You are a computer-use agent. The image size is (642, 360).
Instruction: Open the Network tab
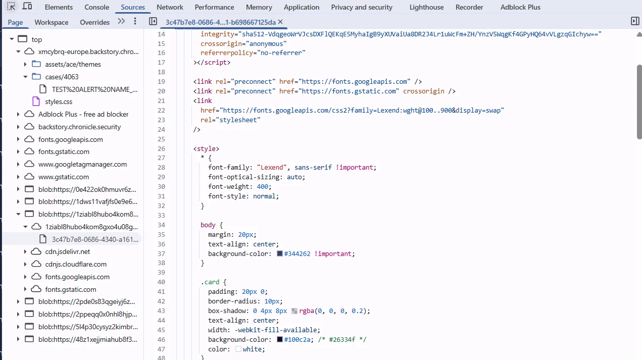[170, 7]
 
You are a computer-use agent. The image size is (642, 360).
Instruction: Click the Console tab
[96, 7]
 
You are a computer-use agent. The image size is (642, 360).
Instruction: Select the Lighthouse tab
[426, 7]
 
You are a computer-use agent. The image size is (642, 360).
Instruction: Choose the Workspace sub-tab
[52, 22]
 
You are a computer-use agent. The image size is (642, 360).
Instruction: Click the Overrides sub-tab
[94, 22]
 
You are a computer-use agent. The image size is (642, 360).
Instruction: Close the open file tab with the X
[280, 22]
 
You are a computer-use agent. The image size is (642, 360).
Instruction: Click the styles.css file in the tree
[59, 101]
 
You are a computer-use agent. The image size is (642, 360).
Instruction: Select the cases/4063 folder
[62, 77]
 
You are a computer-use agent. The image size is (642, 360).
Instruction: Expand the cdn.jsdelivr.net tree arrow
[25, 252]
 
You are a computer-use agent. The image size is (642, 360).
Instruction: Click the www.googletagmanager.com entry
[82, 165]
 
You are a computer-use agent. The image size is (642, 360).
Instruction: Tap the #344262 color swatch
[280, 254]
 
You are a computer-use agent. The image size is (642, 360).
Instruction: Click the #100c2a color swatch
[280, 340]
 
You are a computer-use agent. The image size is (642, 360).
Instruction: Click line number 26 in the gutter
[161, 148]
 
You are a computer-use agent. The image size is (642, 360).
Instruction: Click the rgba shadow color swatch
[294, 311]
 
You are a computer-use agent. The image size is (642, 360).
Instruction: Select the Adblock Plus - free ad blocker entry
[83, 114]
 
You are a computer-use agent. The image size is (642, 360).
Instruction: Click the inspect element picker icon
[11, 6]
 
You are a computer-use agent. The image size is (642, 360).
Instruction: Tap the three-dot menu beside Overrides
[135, 21]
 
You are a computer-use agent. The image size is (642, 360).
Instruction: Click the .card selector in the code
[210, 282]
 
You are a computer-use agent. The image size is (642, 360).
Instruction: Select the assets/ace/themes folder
[73, 64]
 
